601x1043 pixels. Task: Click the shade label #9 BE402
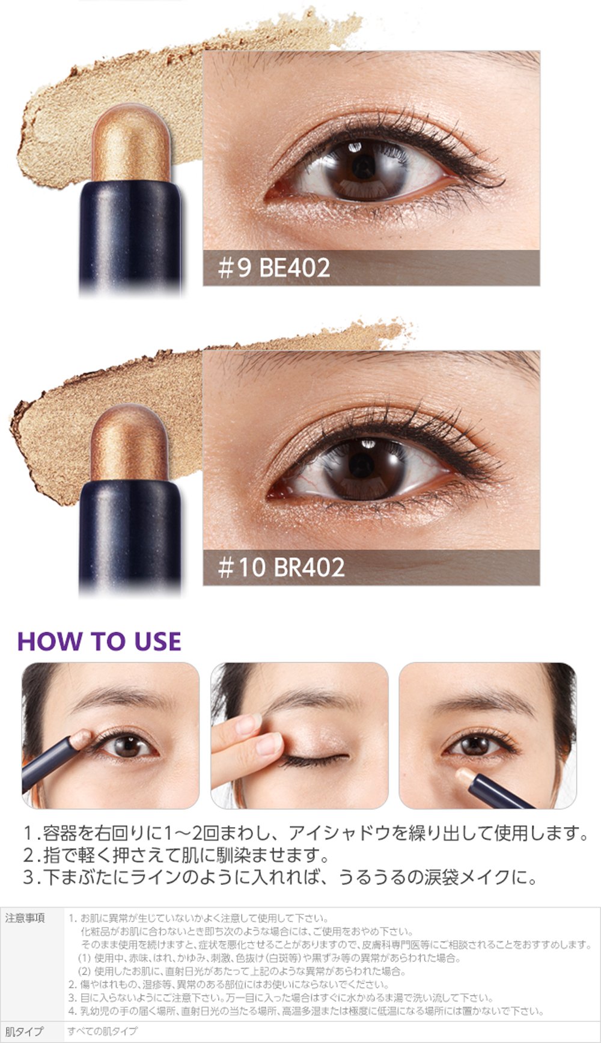coord(274,268)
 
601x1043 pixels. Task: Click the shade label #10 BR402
coord(281,567)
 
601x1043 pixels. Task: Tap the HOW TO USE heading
coord(99,641)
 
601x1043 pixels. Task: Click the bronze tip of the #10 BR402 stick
coord(130,442)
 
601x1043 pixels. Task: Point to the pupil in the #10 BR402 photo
coord(361,466)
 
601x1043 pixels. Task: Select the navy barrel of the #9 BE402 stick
coord(130,234)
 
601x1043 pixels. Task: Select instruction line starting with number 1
coord(305,833)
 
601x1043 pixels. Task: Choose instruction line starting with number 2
coord(176,855)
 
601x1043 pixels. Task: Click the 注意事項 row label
coord(25,919)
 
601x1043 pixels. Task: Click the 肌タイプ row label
coord(25,1032)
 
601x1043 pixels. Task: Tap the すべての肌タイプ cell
coord(103,1031)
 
